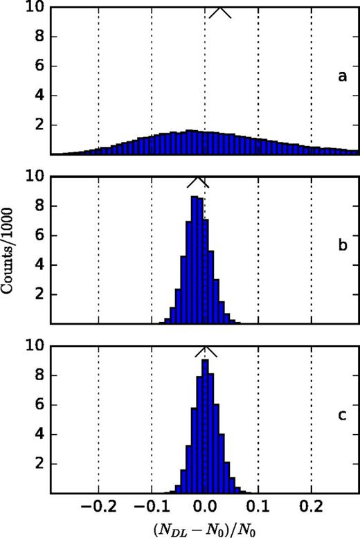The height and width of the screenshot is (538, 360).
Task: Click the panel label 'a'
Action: tap(341, 78)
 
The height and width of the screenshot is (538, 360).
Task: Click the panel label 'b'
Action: tap(341, 245)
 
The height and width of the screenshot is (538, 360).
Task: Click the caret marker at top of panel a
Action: tap(221, 12)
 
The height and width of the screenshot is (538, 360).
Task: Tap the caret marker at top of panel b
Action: tap(197, 181)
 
